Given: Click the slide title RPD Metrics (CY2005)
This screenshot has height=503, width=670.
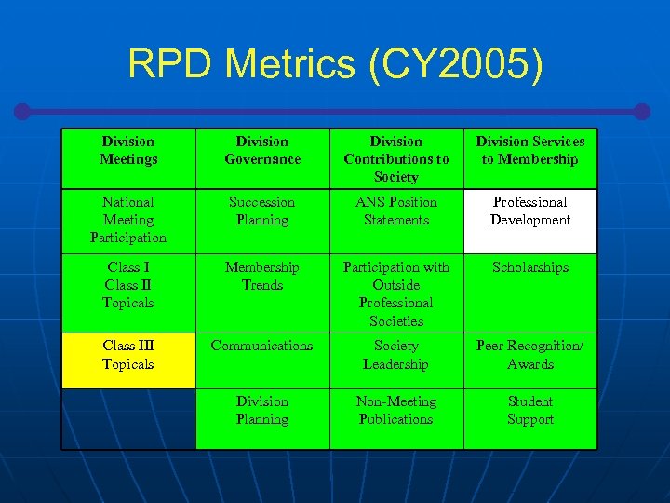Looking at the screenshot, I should (x=335, y=64).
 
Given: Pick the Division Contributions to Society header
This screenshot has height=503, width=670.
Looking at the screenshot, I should (x=396, y=159).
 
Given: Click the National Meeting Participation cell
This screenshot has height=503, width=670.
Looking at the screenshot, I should (x=128, y=220).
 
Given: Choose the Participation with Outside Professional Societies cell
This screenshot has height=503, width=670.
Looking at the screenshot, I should (x=396, y=294).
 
